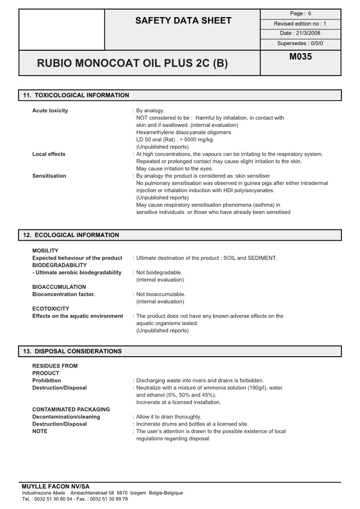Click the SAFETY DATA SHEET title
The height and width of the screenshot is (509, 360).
click(183, 20)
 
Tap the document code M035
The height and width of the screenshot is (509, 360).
click(301, 57)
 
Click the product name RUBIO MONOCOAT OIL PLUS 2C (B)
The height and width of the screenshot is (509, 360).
click(132, 63)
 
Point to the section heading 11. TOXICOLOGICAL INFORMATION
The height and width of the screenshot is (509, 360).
click(76, 95)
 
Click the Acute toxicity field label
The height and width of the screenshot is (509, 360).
click(50, 111)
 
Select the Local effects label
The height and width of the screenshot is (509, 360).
click(49, 154)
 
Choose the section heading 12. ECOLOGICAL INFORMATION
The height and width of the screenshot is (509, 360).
click(71, 235)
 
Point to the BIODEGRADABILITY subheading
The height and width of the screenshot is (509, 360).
click(59, 265)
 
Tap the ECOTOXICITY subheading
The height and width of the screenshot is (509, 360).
click(51, 309)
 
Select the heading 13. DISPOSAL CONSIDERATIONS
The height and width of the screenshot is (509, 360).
click(73, 351)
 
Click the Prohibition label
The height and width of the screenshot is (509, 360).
click(46, 380)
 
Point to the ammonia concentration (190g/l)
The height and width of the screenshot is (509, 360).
click(260, 388)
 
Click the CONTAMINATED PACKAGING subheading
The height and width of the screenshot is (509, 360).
click(71, 409)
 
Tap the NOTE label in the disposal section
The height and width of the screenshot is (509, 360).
click(39, 431)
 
